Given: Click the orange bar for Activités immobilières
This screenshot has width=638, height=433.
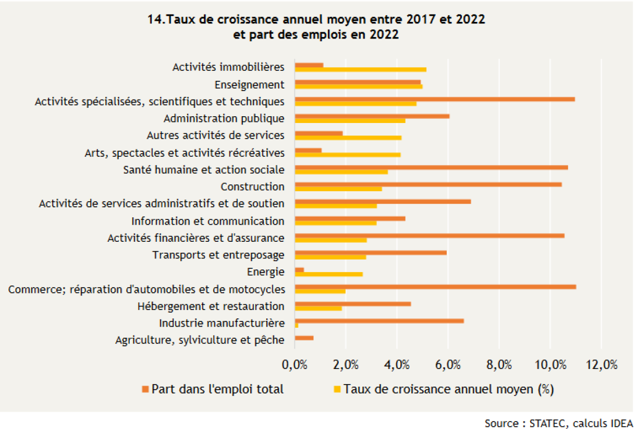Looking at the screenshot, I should (x=309, y=65).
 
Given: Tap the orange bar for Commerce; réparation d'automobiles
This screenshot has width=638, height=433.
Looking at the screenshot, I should (x=435, y=287).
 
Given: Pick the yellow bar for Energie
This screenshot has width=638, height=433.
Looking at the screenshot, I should (x=329, y=274).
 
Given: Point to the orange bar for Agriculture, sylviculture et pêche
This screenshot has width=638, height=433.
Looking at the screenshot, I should (x=304, y=338).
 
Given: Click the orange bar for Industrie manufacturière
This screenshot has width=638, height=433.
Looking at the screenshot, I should (x=379, y=321).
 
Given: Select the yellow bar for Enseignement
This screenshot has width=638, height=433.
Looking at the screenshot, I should (x=359, y=86).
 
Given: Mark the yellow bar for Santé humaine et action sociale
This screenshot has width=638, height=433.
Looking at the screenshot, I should (x=341, y=171).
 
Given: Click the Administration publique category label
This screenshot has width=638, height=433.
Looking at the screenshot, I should (x=224, y=118).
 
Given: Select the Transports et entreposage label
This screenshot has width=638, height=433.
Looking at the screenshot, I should (x=218, y=255).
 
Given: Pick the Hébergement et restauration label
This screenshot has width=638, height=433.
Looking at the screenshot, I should (x=211, y=306).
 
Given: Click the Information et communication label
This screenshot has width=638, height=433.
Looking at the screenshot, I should (x=208, y=221).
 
